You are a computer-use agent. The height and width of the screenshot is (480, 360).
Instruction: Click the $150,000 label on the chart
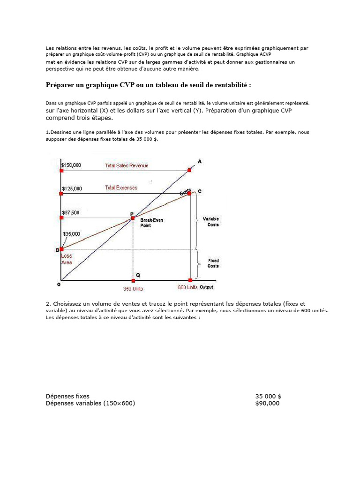pos(72,165)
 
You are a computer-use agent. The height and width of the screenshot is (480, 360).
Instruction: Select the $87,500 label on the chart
pos(71,212)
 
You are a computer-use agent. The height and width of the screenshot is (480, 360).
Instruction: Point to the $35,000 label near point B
pos(71,233)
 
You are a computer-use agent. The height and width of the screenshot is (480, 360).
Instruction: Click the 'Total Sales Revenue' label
pos(127,165)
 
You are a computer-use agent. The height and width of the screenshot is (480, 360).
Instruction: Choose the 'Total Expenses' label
pos(121,187)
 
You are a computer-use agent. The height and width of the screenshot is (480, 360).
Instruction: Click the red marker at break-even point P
pos(133,218)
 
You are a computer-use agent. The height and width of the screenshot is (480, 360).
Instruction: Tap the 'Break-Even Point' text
pos(152,223)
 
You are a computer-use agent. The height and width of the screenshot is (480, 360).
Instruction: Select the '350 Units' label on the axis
pos(133,289)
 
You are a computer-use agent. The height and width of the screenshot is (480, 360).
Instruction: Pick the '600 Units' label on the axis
pos(187,287)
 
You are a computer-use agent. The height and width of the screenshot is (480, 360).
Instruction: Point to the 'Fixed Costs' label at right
pos(213,263)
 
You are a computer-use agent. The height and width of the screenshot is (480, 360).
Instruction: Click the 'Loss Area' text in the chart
pos(67,259)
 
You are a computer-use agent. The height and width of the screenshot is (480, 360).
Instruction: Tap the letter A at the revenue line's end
pos(200,161)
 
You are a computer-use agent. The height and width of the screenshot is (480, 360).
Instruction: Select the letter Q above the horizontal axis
pos(137,275)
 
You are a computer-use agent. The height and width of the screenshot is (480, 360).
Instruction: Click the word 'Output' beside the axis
pos(207,287)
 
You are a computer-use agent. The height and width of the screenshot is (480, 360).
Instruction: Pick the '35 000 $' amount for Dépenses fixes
pos(268,396)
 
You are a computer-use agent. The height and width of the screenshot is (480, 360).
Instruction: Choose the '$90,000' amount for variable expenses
pos(267,403)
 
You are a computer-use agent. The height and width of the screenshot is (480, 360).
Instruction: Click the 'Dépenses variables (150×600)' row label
pos(90,403)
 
